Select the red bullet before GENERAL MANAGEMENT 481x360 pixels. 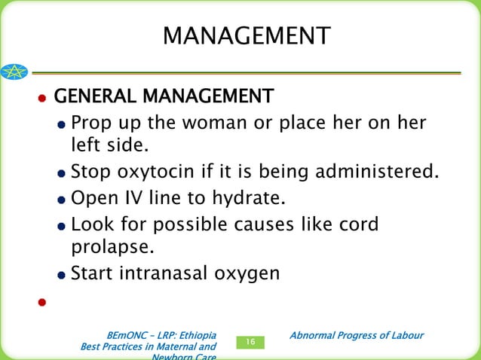(42, 99)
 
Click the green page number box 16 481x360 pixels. (250, 343)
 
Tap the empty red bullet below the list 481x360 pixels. (42, 303)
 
